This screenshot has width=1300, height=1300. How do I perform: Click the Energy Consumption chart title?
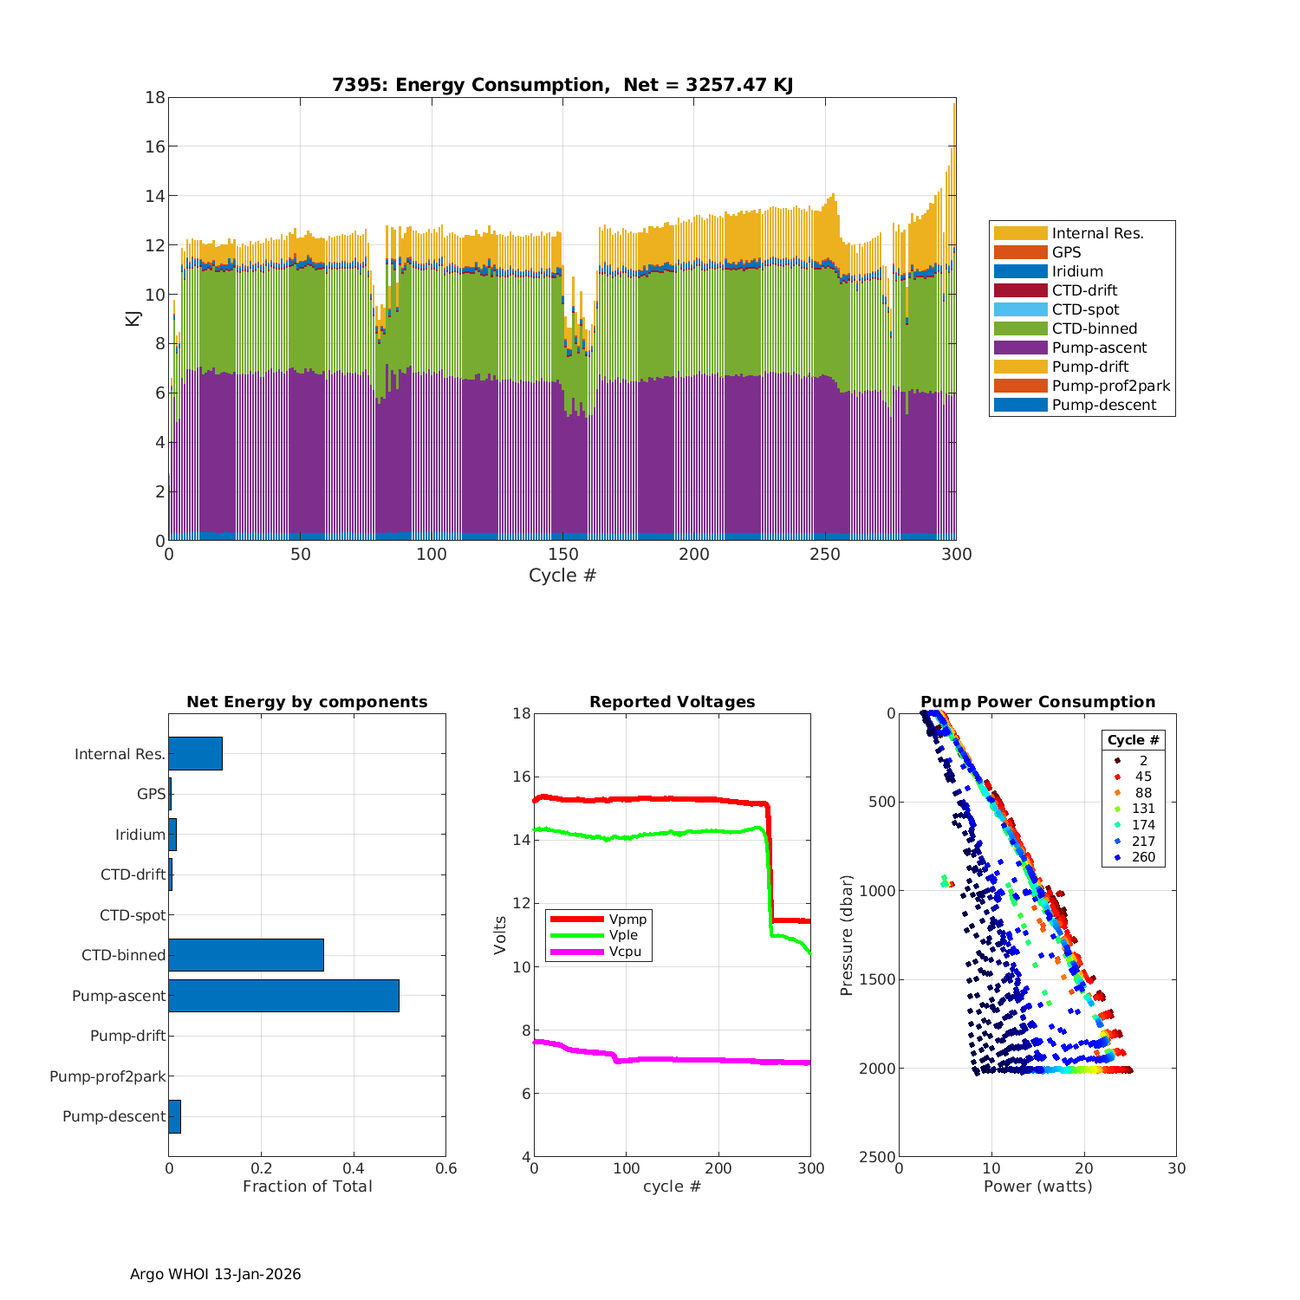click(x=562, y=85)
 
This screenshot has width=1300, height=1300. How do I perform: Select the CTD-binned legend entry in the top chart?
click(x=1094, y=328)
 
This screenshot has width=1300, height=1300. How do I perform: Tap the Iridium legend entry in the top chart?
click(x=1077, y=271)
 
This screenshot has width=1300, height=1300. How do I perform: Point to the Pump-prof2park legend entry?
click(x=1110, y=386)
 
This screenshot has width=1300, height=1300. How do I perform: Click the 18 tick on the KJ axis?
click(x=155, y=97)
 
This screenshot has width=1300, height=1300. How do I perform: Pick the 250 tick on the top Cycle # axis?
click(x=825, y=555)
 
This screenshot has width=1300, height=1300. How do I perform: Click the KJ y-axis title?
click(x=133, y=318)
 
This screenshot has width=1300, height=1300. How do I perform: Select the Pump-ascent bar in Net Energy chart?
click(x=283, y=996)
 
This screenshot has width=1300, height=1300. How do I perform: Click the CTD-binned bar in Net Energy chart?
click(x=246, y=955)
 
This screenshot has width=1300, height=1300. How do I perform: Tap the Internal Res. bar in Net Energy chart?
click(x=195, y=753)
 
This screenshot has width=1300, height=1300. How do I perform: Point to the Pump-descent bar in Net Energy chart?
click(x=174, y=1116)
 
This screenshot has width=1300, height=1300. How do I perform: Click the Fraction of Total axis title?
click(x=307, y=1186)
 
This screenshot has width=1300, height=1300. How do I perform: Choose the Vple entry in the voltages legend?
click(x=622, y=935)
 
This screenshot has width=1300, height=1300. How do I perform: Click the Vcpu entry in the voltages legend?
click(x=625, y=952)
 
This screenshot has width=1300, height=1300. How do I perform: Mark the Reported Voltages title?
click(x=672, y=702)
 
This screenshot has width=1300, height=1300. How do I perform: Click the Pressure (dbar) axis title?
click(x=847, y=935)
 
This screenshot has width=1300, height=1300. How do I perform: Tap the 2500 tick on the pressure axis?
click(x=877, y=1157)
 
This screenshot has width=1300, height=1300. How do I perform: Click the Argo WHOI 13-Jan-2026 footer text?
click(x=215, y=1274)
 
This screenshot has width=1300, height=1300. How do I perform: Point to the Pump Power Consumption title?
click(x=1037, y=702)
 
